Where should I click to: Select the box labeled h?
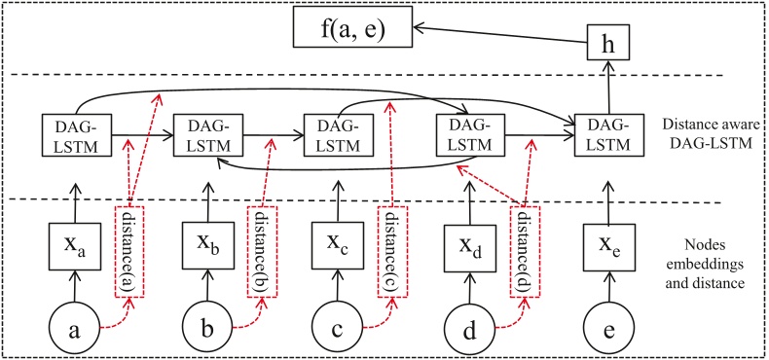[x=609, y=45]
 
